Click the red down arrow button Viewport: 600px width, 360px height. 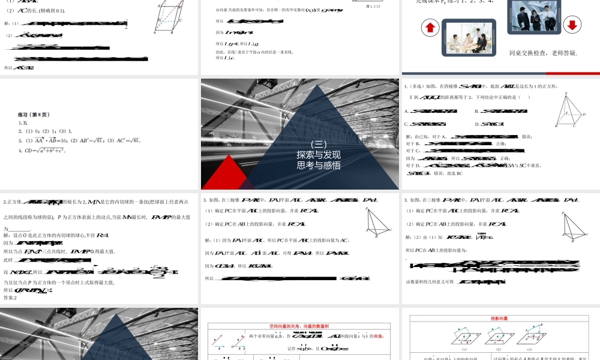click(x=572, y=25)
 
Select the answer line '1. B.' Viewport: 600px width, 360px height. click(x=23, y=122)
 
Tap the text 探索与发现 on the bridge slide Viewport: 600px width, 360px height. click(x=319, y=154)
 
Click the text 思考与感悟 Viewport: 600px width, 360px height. click(x=319, y=165)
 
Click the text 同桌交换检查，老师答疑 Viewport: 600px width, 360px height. click(x=543, y=53)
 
